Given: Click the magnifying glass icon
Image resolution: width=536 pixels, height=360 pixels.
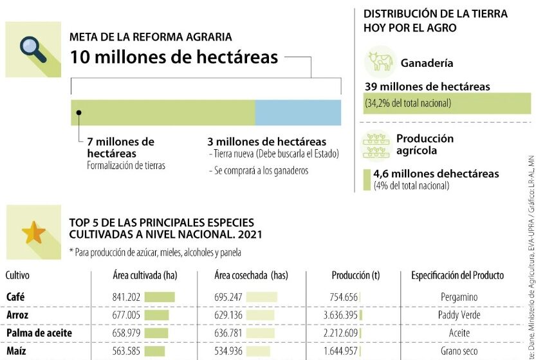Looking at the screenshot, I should (32, 49).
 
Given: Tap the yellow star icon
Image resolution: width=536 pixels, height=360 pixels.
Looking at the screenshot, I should (33, 232).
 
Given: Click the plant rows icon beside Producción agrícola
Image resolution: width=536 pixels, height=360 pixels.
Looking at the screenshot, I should (377, 145).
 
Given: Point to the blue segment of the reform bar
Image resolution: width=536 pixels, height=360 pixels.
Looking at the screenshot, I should (298, 113).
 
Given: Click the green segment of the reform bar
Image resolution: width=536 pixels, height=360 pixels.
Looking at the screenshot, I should (163, 113).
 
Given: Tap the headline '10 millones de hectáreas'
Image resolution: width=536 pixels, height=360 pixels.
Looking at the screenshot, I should (174, 57).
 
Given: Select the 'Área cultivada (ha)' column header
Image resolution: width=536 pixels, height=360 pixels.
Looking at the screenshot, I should (144, 275).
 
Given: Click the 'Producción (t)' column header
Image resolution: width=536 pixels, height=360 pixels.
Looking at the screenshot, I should (351, 275).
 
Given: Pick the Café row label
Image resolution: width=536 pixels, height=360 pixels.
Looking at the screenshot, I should (15, 297).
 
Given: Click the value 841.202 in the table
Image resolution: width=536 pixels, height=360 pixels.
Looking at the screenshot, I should (126, 297).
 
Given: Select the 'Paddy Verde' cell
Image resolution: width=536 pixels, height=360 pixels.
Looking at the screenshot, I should (459, 315).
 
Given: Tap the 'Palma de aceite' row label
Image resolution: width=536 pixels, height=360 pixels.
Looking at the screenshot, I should (39, 333).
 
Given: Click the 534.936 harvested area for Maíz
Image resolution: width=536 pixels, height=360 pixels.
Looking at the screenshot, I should (228, 351).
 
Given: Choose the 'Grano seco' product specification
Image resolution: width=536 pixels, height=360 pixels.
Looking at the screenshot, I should (459, 351).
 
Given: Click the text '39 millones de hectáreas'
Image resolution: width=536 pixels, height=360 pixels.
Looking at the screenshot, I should (427, 87).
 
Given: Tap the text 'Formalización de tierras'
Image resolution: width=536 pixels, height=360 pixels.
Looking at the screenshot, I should (126, 165).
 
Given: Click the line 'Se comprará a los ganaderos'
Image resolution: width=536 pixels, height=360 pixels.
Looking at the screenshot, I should (259, 170).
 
